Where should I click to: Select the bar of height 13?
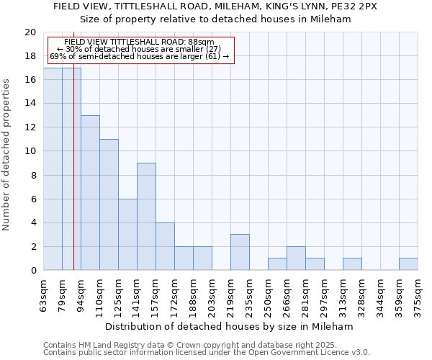(x=90, y=193)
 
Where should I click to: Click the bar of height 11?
(x=109, y=204)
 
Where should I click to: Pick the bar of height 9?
(x=146, y=217)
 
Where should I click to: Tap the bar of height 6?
(x=127, y=235)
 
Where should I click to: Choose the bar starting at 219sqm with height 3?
(x=240, y=253)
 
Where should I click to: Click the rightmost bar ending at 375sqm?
(x=408, y=264)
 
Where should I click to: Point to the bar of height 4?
(x=165, y=246)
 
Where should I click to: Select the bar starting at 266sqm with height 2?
(x=296, y=258)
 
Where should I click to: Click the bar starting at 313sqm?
(x=352, y=264)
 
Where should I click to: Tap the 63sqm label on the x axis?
(x=44, y=294)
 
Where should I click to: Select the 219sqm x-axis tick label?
(x=230, y=294)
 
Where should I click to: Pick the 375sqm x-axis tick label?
(x=418, y=294)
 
